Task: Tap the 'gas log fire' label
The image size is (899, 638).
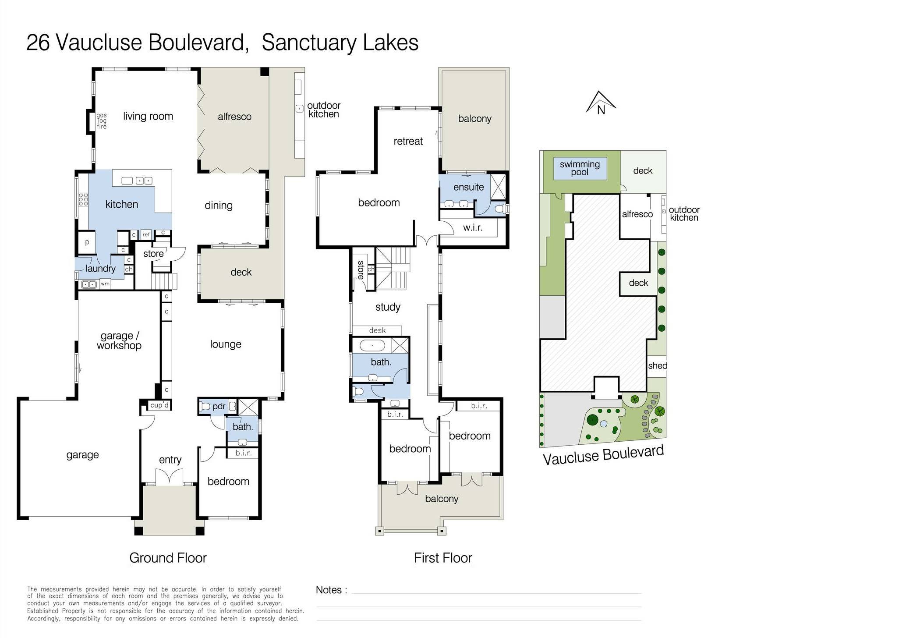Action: (x=102, y=121)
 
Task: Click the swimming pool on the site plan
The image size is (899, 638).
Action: (x=580, y=168)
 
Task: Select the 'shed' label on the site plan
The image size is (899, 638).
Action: (x=657, y=366)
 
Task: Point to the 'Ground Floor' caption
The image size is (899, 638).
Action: (x=168, y=558)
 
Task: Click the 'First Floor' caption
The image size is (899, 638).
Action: (x=443, y=558)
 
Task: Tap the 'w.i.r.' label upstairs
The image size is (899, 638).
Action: (x=473, y=228)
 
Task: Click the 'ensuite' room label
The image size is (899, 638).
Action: (x=468, y=187)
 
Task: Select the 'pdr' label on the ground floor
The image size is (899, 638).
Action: (x=219, y=406)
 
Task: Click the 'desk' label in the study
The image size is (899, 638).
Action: (x=377, y=330)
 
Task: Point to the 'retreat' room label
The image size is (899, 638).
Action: (x=408, y=141)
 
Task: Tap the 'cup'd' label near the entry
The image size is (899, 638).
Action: (x=159, y=405)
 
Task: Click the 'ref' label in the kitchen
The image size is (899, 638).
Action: (x=146, y=235)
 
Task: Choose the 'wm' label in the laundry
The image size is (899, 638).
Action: (x=105, y=284)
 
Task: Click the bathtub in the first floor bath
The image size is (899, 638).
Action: (x=373, y=346)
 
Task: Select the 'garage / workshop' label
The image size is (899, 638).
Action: (x=119, y=340)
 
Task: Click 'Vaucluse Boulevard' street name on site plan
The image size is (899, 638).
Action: (x=603, y=454)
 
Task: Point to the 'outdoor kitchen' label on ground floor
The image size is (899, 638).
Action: (x=323, y=110)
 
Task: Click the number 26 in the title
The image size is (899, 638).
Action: (x=38, y=43)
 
